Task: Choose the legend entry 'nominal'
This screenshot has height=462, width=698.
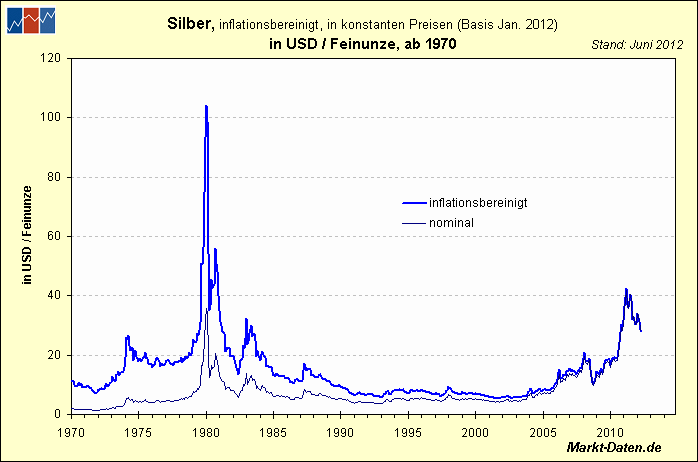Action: tap(450, 222)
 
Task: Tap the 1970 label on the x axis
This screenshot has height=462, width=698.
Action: tap(70, 432)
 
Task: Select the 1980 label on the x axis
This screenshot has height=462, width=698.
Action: tap(206, 432)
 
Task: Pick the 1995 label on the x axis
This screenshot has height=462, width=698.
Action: tap(407, 432)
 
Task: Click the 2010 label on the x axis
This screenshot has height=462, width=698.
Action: tap(610, 432)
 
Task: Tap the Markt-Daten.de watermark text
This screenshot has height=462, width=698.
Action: tap(614, 449)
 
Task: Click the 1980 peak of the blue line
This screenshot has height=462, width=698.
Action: tap(206, 106)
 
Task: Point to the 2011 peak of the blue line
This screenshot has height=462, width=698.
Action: tap(626, 290)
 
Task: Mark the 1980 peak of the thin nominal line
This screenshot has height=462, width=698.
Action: tap(207, 309)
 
